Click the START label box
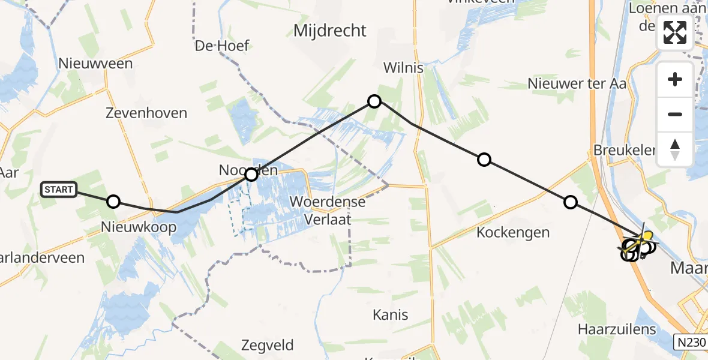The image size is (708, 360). click(x=59, y=190)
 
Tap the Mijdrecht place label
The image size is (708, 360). click(x=329, y=31)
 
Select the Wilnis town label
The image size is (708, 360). click(x=403, y=68)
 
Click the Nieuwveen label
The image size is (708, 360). click(x=95, y=64)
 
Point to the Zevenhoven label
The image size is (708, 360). click(x=146, y=113)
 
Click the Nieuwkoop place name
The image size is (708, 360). click(x=139, y=227)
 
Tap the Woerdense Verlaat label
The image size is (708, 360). click(x=328, y=210)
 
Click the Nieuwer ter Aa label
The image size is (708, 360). click(x=577, y=83)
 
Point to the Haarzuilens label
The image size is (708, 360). click(x=617, y=329)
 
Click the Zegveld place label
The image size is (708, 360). click(x=268, y=345)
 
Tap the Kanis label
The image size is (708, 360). click(x=390, y=314)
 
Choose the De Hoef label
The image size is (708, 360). click(x=222, y=46)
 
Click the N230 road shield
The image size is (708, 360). click(x=689, y=342)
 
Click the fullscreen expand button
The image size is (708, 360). click(x=675, y=32)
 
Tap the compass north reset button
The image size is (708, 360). click(x=675, y=149)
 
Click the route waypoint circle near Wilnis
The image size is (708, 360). click(x=374, y=101)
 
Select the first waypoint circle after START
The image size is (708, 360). click(x=113, y=202)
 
